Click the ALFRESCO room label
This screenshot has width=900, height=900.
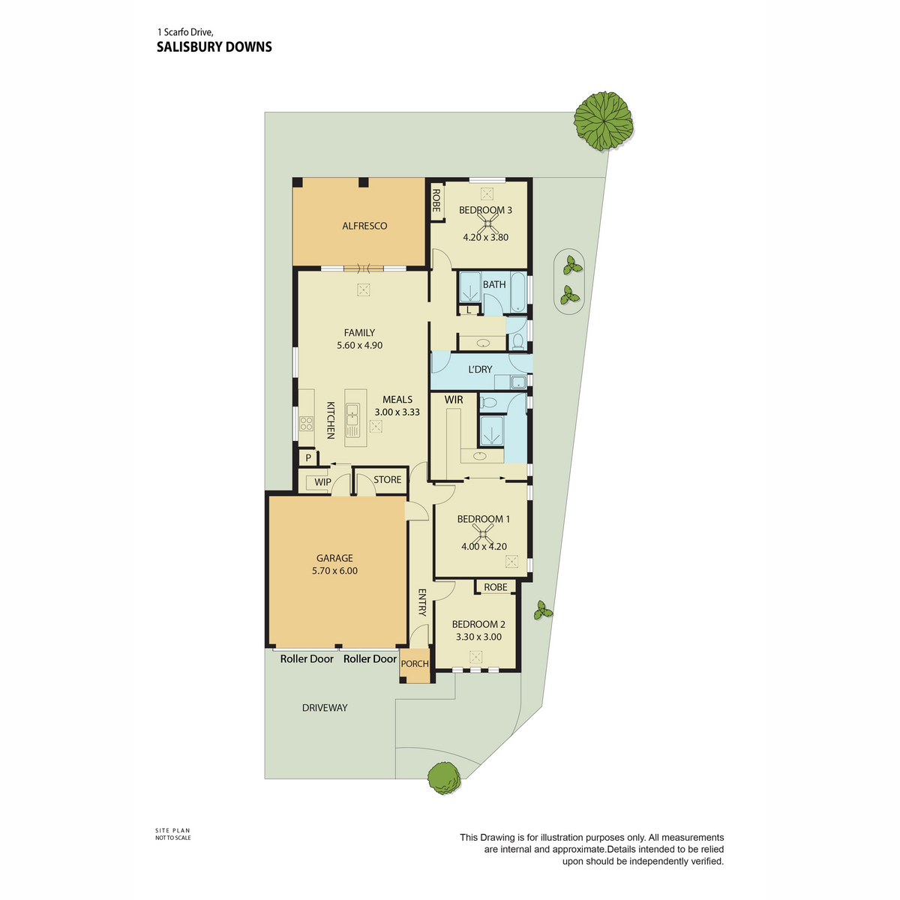364,226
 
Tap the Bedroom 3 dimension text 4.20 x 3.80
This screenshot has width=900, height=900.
485,237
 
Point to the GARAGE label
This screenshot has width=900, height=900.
334,558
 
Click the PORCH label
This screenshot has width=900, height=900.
415,664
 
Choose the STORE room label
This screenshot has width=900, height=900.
387,480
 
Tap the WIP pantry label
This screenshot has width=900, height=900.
322,482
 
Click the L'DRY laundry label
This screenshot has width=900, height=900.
480,370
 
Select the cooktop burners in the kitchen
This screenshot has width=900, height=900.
307,424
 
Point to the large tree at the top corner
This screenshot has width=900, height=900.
604,121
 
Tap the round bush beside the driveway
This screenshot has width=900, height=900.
444,778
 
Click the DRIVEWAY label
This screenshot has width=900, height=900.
325,707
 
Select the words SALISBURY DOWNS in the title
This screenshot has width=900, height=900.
214,46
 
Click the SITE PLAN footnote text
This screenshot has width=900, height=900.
172,830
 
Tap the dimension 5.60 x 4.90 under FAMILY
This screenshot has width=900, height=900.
360,346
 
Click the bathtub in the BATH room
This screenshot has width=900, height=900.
518,292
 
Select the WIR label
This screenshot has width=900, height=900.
454,400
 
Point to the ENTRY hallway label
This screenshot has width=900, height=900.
421,602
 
